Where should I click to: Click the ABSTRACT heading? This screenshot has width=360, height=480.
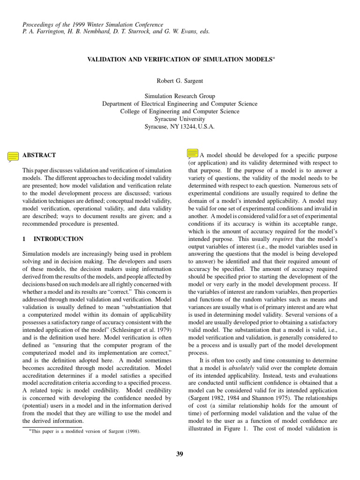(x=39, y=155)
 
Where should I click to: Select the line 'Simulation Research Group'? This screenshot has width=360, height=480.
(x=180, y=97)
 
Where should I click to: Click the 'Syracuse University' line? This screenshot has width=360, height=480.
(x=180, y=119)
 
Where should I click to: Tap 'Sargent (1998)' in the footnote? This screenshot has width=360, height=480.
(x=126, y=431)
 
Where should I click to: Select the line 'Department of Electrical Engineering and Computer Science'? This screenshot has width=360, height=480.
(x=180, y=104)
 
